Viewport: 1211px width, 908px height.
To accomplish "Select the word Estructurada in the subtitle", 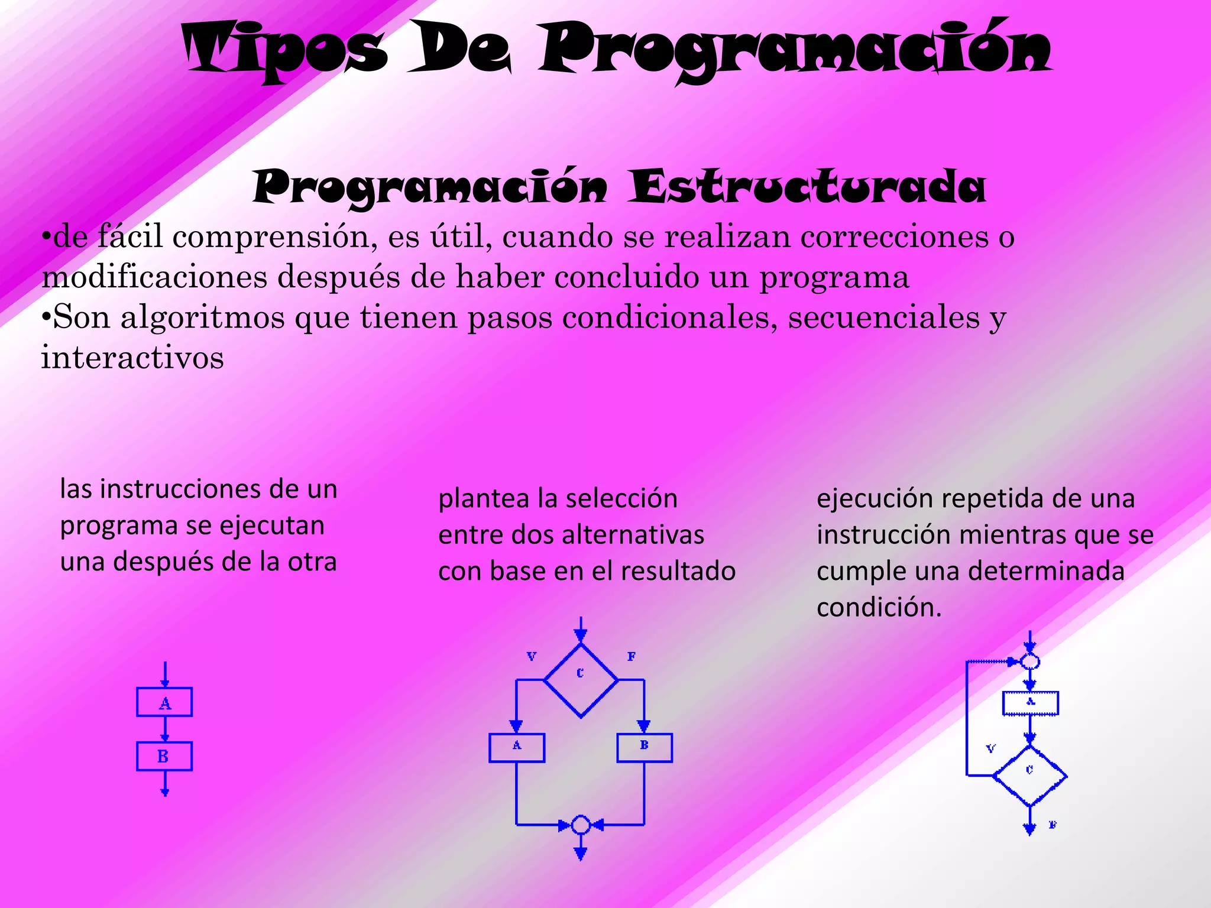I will (x=807, y=187).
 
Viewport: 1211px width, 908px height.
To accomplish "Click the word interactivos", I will (x=132, y=358).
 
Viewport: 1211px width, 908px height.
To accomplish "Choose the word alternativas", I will (x=633, y=535).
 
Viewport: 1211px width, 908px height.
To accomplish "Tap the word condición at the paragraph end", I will (x=879, y=608).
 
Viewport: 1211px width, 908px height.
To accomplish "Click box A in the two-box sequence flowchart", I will (x=164, y=702).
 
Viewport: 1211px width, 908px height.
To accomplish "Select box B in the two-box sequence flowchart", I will (x=164, y=756).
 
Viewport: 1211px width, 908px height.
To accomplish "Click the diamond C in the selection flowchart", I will (x=581, y=680).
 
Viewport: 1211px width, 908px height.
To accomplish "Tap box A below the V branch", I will (x=517, y=748).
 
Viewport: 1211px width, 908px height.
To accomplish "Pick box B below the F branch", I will (x=645, y=748).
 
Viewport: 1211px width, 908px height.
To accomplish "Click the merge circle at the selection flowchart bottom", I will (x=581, y=824).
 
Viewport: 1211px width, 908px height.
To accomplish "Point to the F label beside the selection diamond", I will (x=632, y=657).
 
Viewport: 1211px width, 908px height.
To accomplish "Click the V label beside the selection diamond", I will (x=532, y=657).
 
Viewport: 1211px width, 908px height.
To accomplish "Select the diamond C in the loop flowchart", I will (x=1030, y=775).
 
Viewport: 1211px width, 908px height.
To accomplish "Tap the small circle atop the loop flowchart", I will (x=1030, y=661).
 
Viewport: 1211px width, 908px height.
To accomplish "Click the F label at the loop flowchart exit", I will (x=1053, y=825).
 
